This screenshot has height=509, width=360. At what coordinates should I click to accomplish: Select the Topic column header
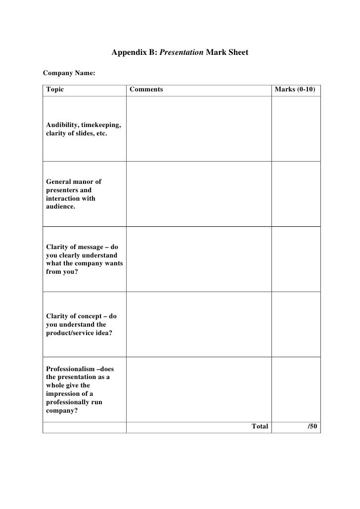tap(55, 89)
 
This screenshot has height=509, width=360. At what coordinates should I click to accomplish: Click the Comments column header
tap(146, 89)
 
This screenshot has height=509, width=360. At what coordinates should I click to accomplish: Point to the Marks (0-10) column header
tap(295, 89)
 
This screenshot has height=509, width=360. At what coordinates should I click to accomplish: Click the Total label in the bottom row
tap(260, 426)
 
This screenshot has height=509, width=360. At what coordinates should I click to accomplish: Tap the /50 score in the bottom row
tap(312, 426)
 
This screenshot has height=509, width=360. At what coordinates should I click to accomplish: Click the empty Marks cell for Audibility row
tap(296, 128)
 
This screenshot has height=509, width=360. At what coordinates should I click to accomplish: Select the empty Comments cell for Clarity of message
tap(199, 259)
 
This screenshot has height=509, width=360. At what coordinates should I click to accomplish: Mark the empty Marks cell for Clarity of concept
tap(296, 324)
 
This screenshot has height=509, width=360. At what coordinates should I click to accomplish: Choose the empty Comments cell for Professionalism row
tap(199, 389)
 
